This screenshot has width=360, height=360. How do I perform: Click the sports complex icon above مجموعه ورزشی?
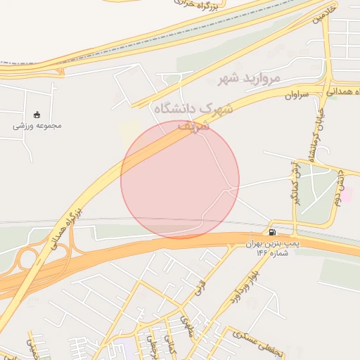click(37, 115)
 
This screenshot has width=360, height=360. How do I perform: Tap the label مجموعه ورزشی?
click(37, 127)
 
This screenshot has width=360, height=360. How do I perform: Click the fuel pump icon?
click(272, 232)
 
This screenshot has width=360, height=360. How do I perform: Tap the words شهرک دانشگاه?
click(191, 109)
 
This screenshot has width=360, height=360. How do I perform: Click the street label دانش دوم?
click(337, 189)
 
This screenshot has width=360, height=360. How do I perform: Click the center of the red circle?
click(180, 179)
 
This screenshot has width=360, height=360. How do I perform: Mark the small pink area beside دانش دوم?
click(347, 195)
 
